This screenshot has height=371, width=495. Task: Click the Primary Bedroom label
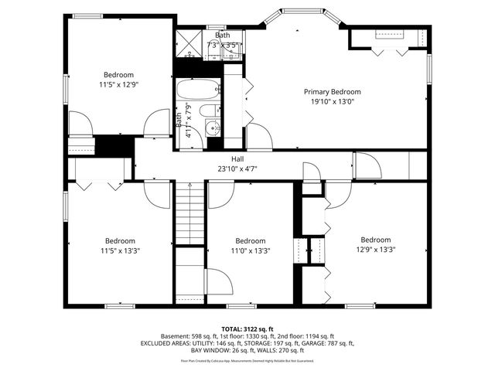pos(332,91)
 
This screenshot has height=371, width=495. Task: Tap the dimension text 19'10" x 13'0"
pos(332,101)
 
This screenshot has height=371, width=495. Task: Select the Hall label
pos(225,158)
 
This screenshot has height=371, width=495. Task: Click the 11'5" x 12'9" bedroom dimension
pos(118,84)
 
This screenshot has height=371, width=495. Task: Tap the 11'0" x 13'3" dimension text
pos(251,250)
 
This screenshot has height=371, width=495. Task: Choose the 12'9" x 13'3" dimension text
pos(375,250)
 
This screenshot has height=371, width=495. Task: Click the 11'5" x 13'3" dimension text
pos(120,250)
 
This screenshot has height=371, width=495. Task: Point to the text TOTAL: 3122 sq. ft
pos(247,328)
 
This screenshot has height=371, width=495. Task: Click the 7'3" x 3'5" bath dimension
pos(224,46)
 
